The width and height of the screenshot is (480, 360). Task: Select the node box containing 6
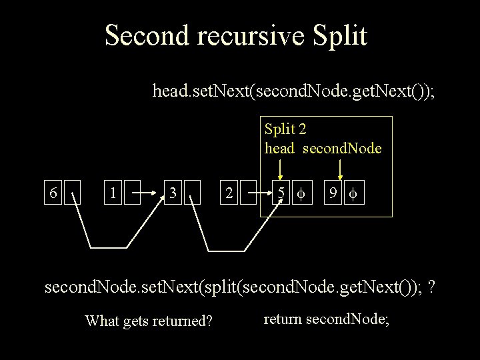click(x=53, y=193)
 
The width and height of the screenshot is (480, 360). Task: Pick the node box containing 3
click(x=173, y=193)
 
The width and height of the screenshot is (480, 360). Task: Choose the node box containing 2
click(x=229, y=193)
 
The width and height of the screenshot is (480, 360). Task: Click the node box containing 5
click(x=282, y=193)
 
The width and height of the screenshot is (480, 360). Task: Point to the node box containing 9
click(x=331, y=193)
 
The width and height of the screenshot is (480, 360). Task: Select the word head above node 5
click(x=279, y=147)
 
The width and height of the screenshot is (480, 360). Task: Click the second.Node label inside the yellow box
click(x=342, y=147)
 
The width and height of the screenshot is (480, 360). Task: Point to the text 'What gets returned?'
click(x=149, y=322)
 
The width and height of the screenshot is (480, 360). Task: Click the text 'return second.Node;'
click(x=327, y=319)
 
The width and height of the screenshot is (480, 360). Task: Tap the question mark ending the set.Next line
click(x=432, y=288)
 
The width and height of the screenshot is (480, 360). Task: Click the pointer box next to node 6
click(x=71, y=193)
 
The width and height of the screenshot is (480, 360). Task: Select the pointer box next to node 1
click(x=133, y=193)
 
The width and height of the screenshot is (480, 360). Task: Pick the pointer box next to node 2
click(x=247, y=193)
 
